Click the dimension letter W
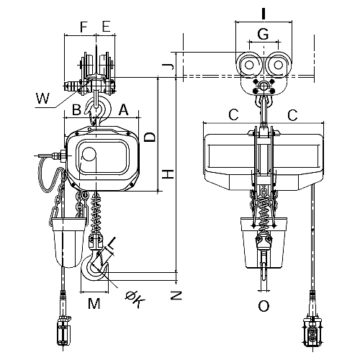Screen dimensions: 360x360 tap(42, 98)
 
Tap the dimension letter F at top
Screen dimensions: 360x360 tap(83, 27)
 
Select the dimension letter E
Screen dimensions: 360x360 tap(106, 27)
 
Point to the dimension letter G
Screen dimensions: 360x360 tap(263, 34)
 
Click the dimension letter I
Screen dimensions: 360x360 tap(264, 14)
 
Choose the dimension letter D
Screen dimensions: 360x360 tap(150, 138)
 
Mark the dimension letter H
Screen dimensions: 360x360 tap(168, 174)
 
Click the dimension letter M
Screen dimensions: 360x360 tap(94, 304)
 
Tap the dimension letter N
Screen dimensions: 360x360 tap(176, 295)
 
